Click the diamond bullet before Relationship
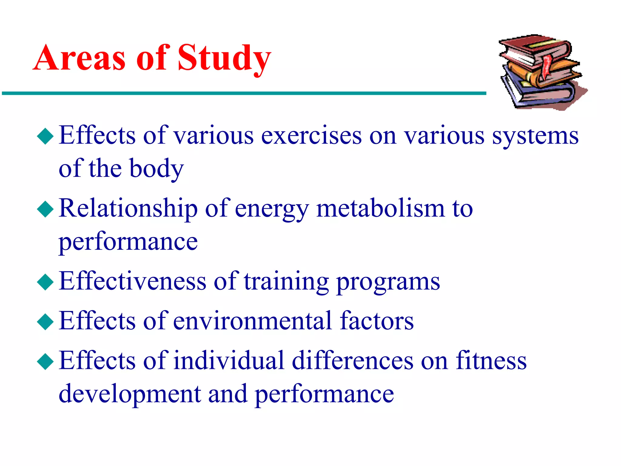pyautogui.click(x=45, y=209)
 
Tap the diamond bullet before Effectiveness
pyautogui.click(x=45, y=282)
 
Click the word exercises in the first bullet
pyautogui.click(x=311, y=136)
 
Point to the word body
pyautogui.click(x=156, y=169)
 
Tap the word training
pyautogui.click(x=286, y=282)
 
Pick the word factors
pyautogui.click(x=377, y=321)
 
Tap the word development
pyautogui.click(x=130, y=394)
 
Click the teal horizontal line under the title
pyautogui.click(x=243, y=93)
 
